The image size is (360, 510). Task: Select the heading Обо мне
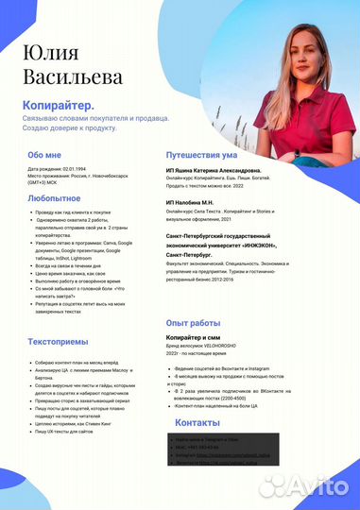pos(44,155)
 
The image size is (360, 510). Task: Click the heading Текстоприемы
pos(59,341)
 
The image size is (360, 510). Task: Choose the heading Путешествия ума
pos(207,153)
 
